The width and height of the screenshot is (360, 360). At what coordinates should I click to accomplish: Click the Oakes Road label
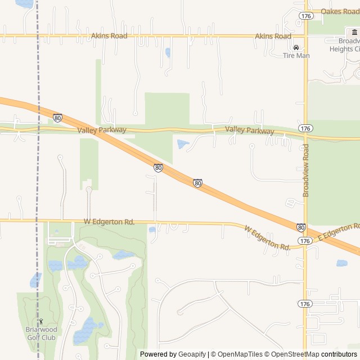click(340, 11)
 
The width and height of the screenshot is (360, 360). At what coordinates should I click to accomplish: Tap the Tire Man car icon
click(296, 47)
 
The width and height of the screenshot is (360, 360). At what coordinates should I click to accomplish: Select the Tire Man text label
click(296, 56)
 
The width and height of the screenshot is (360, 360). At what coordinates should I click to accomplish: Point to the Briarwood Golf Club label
click(40, 334)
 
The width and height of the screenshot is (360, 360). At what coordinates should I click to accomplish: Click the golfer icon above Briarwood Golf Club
click(40, 322)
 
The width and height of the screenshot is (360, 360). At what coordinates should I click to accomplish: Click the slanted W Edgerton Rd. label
click(267, 238)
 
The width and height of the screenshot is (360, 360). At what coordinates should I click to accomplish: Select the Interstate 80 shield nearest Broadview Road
click(301, 228)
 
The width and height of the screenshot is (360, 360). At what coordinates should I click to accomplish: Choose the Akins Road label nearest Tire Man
click(273, 36)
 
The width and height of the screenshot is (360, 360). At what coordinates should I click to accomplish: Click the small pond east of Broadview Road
click(341, 263)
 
